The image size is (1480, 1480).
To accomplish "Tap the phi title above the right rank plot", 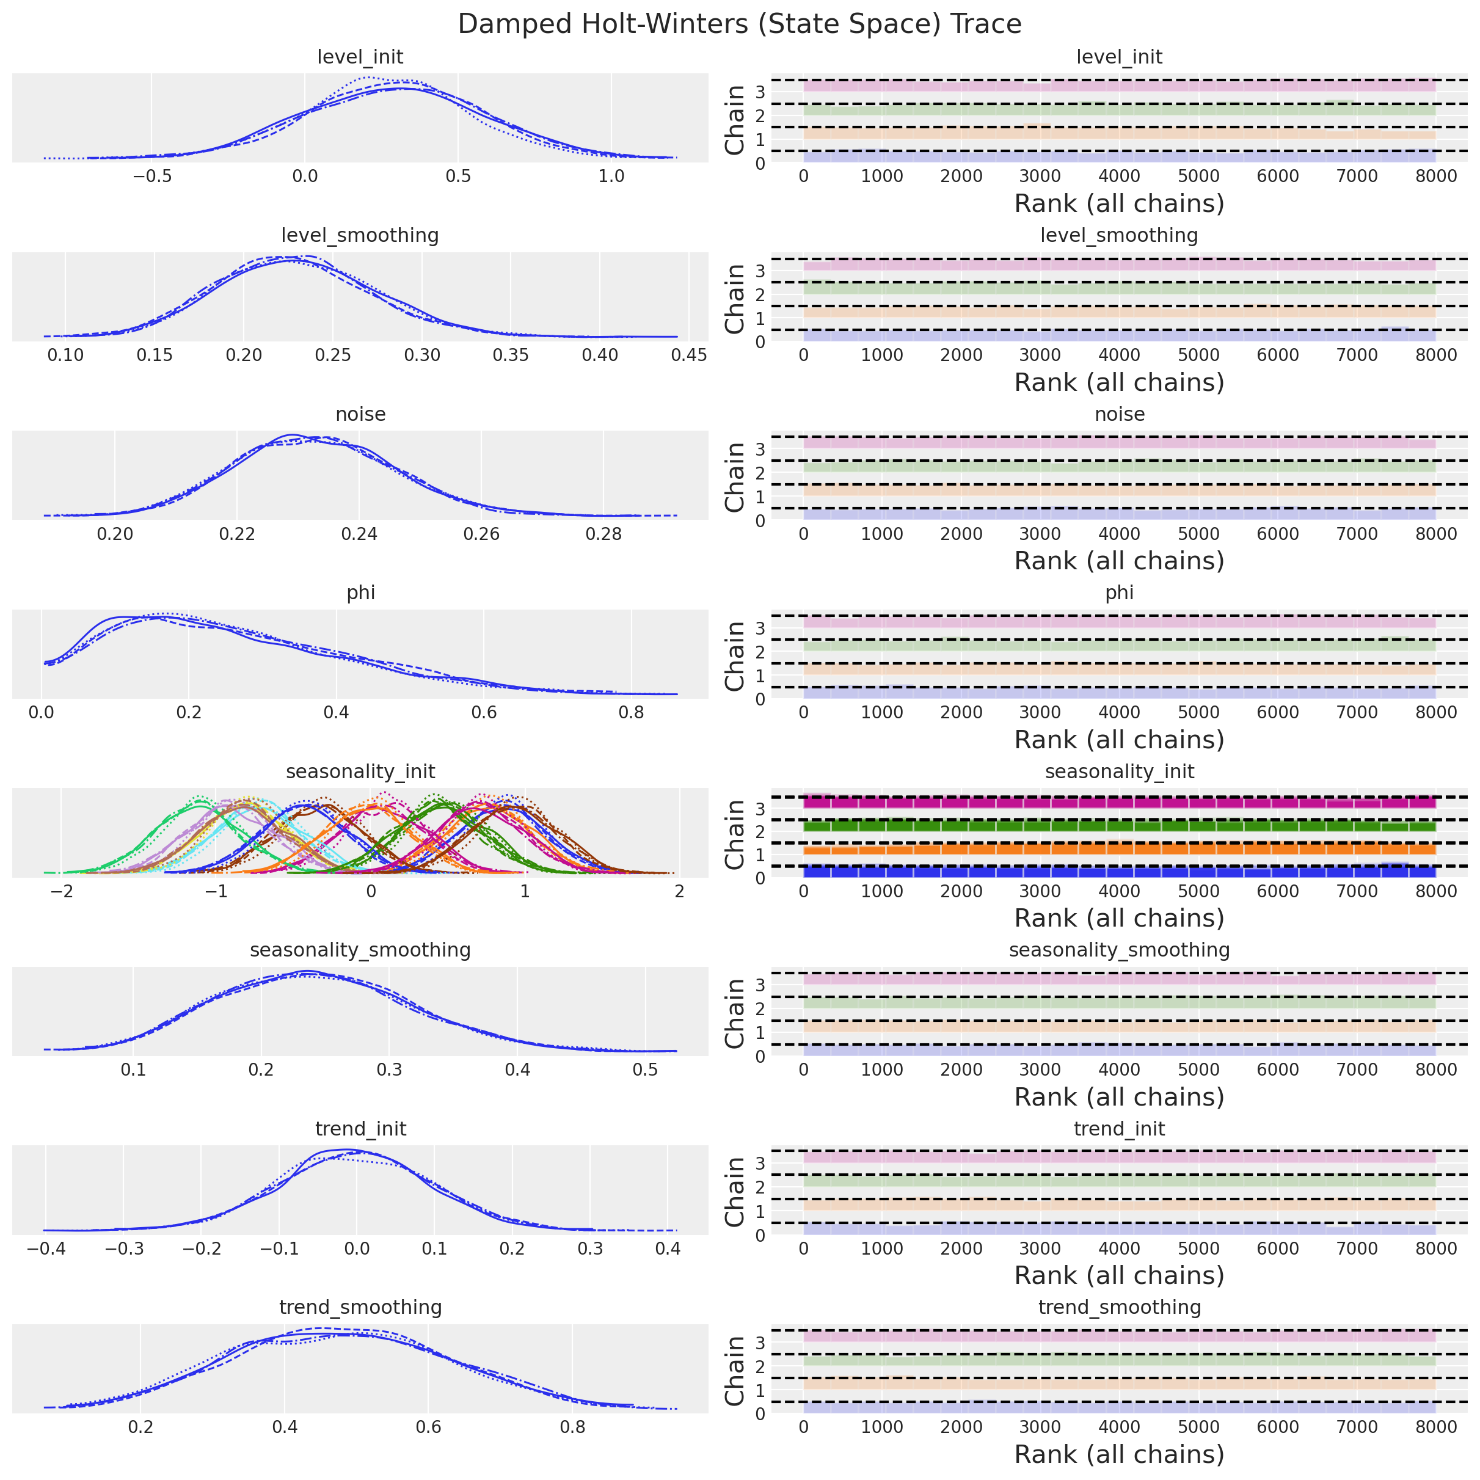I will [1119, 593].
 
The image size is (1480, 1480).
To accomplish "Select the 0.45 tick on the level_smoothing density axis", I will [688, 355].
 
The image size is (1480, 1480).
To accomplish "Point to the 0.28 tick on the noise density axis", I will [603, 534].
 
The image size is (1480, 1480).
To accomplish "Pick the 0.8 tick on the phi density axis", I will [631, 712].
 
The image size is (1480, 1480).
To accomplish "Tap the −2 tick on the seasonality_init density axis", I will [62, 892].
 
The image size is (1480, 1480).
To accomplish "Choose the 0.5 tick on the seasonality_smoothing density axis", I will [645, 1070].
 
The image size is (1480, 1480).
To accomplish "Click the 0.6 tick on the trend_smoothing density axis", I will [428, 1427].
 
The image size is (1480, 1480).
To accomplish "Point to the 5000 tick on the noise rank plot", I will [1198, 534].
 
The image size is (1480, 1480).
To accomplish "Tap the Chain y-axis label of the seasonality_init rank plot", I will [735, 834].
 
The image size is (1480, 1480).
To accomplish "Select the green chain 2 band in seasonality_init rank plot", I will [1119, 826].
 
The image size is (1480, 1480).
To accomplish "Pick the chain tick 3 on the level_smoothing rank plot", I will [759, 271].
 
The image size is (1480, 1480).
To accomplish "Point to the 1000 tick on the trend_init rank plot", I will [882, 1249].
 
